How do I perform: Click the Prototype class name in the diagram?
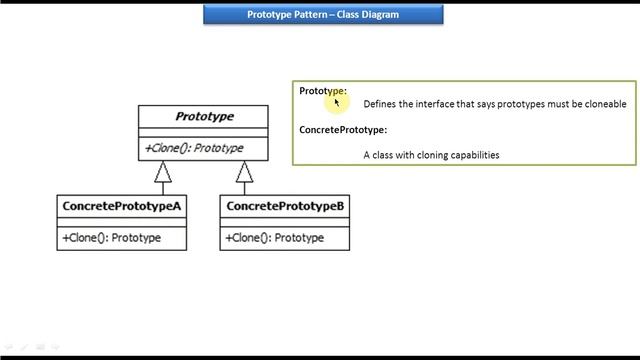(204, 117)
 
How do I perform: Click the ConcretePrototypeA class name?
(121, 206)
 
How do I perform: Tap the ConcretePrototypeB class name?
(285, 206)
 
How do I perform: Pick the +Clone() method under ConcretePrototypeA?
(111, 238)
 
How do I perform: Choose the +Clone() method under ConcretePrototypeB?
(275, 238)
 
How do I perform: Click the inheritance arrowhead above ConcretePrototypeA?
(162, 172)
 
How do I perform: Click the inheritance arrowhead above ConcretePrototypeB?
(245, 172)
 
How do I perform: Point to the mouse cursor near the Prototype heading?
(338, 101)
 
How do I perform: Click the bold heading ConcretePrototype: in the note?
(343, 130)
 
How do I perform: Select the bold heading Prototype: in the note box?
(321, 91)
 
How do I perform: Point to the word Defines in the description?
(379, 104)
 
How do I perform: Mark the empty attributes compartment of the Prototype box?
(204, 132)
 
